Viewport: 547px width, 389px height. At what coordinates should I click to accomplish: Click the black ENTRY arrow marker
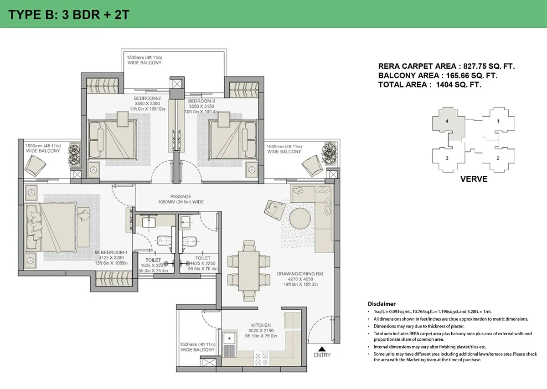(322, 349)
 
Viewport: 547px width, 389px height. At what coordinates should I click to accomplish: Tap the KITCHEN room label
(261, 325)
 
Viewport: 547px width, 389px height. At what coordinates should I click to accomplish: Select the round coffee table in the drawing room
(300, 218)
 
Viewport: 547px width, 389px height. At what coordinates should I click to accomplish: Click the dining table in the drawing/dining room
(249, 271)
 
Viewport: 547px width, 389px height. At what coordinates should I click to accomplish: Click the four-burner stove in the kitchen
(261, 358)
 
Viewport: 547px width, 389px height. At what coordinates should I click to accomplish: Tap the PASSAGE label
(181, 196)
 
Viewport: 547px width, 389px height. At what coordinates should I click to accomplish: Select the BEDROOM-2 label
(147, 98)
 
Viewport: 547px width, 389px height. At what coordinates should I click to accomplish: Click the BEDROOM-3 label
(201, 101)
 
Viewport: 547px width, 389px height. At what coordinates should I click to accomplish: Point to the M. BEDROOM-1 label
(111, 252)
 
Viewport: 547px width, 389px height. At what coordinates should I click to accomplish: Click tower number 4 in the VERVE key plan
(447, 121)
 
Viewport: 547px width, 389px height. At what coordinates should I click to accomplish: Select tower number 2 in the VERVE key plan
(498, 158)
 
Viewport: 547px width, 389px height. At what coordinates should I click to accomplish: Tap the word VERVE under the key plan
(474, 179)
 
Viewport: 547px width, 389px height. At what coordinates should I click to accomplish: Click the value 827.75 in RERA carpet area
(476, 66)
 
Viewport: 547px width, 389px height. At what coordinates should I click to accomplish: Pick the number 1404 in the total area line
(445, 85)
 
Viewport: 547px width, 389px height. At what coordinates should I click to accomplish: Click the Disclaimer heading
(382, 304)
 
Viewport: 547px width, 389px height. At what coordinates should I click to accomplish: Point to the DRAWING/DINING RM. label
(300, 274)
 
